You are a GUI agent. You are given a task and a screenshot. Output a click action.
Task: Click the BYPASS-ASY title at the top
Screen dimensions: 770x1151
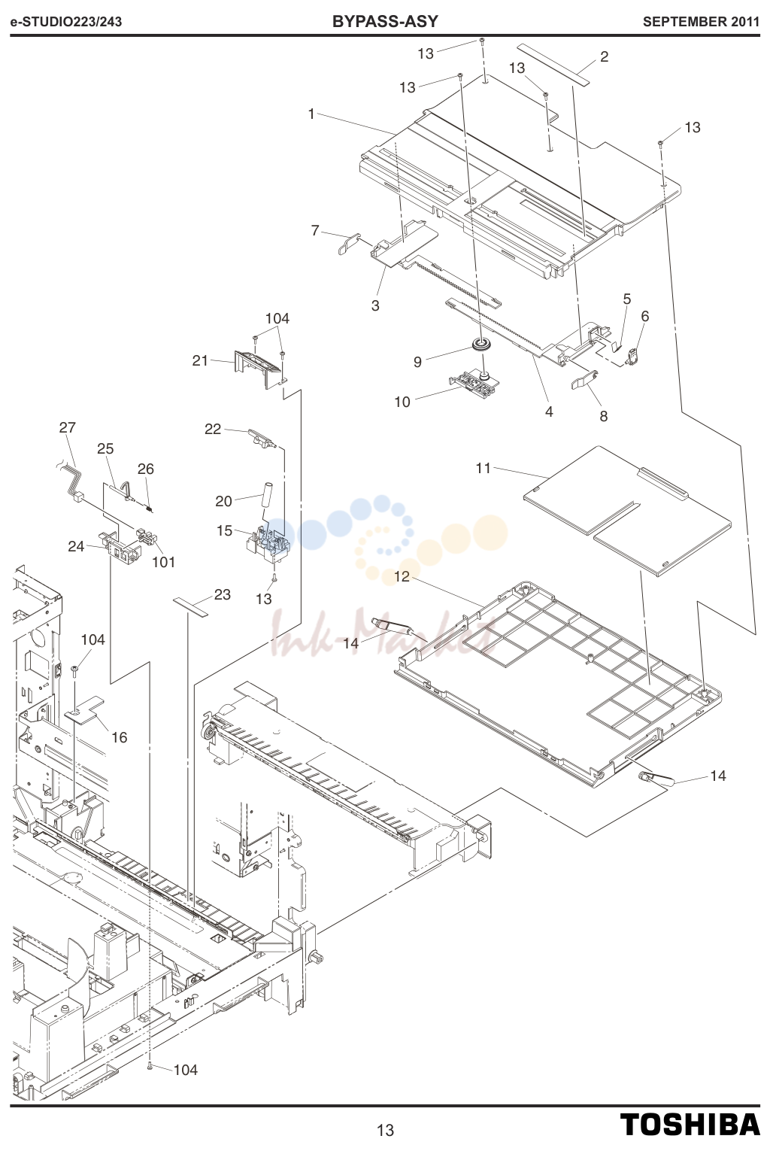point(385,21)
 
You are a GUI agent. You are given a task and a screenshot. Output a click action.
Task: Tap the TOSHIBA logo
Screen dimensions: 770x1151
point(690,1125)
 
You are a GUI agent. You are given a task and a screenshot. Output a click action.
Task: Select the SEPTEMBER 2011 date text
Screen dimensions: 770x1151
point(701,22)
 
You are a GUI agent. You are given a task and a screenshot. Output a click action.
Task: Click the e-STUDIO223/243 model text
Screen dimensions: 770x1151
point(65,22)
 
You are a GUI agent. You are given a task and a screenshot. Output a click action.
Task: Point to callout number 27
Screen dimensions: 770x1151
point(67,427)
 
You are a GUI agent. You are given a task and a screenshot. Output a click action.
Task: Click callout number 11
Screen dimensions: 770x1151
point(484,468)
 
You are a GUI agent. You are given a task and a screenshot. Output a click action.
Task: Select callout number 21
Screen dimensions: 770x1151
point(200,360)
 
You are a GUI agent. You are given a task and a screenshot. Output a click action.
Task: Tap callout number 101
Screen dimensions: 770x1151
point(164,562)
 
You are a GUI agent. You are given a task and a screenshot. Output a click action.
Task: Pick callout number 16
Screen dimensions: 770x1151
point(119,737)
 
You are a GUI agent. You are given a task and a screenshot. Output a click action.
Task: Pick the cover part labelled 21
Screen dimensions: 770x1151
point(259,369)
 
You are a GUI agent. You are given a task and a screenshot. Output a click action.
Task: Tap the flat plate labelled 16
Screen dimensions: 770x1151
point(85,709)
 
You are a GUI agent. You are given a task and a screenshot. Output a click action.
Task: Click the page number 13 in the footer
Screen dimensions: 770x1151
point(385,1130)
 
